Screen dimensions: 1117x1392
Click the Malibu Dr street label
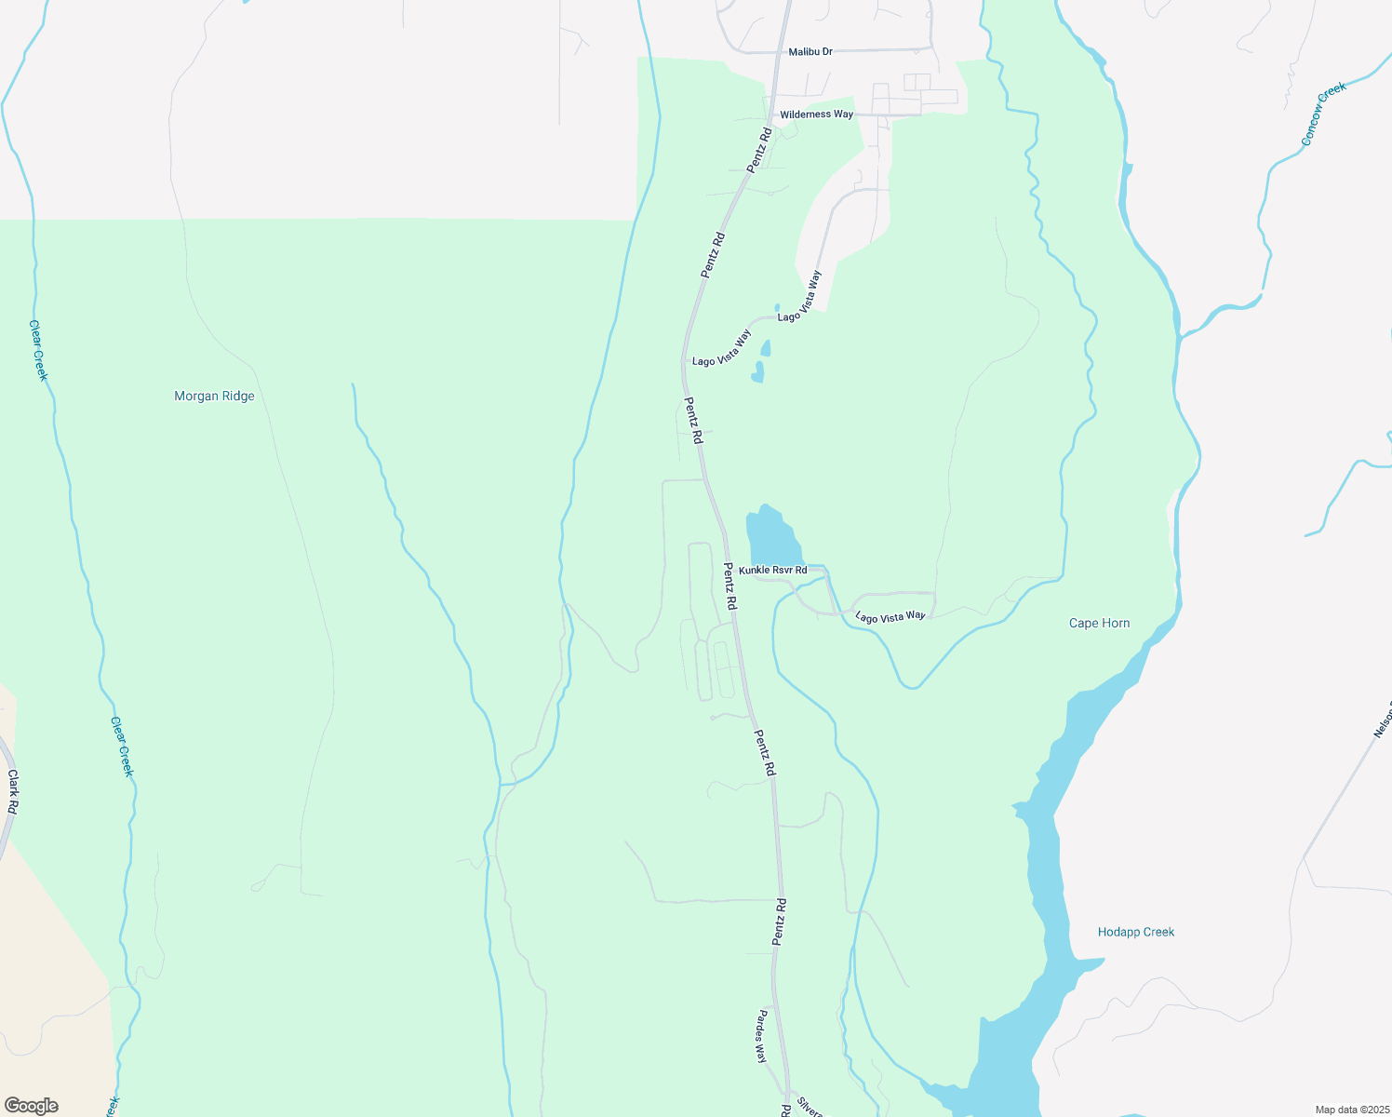point(810,52)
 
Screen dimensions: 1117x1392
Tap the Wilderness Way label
point(816,114)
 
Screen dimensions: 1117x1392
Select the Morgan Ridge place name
point(214,397)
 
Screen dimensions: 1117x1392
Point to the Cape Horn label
point(1099,624)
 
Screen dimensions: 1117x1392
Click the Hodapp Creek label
point(1135,932)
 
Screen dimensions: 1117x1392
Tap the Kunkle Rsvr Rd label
point(772,570)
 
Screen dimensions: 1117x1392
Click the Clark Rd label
point(12,792)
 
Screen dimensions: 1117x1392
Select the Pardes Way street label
point(761,1036)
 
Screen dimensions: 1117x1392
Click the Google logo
point(32,1106)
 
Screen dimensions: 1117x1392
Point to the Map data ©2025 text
point(1351,1110)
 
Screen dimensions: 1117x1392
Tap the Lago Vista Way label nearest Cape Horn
point(890,616)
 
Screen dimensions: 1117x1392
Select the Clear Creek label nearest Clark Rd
point(122,747)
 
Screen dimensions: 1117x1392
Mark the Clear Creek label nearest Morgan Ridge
point(38,350)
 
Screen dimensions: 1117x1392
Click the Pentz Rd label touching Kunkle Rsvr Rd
point(730,586)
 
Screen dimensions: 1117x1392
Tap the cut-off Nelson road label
point(1382,720)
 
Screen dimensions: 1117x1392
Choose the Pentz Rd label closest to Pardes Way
point(780,922)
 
